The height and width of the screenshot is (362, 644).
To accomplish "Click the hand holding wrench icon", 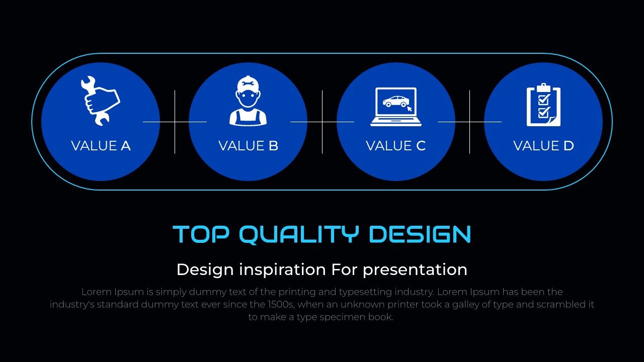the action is (100, 101).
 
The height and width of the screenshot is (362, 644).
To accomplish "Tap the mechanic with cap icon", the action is (248, 101).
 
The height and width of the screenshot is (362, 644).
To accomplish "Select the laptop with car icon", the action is (396, 107).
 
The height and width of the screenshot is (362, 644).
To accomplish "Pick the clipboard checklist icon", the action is (543, 105).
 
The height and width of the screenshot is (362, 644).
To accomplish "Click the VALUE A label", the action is (101, 146).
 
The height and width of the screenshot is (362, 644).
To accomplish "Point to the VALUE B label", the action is (248, 146).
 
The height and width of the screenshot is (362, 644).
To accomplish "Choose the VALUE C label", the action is (395, 146).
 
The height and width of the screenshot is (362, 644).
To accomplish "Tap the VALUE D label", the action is (543, 146).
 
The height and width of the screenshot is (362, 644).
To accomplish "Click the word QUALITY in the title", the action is (299, 234).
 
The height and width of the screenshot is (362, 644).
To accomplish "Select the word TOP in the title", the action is (201, 234).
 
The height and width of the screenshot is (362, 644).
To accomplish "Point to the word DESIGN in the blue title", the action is (420, 234).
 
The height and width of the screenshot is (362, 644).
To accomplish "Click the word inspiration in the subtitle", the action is (283, 270).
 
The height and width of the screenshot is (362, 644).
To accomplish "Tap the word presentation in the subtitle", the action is (415, 270).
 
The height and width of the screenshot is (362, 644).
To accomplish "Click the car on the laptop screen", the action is (395, 102).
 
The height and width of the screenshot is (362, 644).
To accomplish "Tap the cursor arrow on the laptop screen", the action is (410, 108).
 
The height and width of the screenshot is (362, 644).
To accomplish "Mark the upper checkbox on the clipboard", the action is (544, 100).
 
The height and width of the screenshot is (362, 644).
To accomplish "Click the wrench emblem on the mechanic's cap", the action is (248, 84).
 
